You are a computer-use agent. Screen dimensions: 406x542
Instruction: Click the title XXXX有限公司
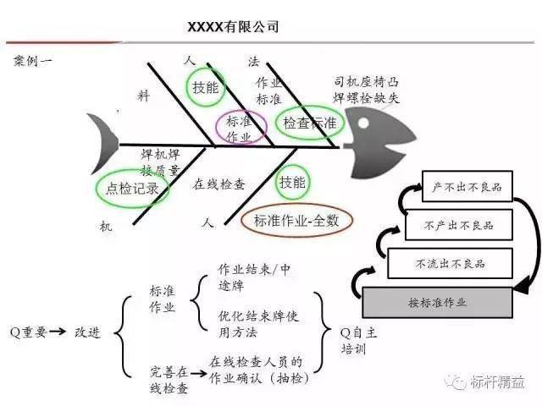pyautogui.click(x=232, y=28)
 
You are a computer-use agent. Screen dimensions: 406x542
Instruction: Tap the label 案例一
pyautogui.click(x=35, y=62)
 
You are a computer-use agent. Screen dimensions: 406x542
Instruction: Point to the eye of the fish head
pyautogui.click(x=371, y=129)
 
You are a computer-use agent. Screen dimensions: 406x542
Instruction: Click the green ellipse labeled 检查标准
pyautogui.click(x=309, y=123)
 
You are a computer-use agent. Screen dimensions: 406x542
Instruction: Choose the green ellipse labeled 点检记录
pyautogui.click(x=131, y=189)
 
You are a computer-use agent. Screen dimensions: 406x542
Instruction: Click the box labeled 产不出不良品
pyautogui.click(x=466, y=186)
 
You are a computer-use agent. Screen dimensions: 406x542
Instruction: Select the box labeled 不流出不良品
pyautogui.click(x=450, y=264)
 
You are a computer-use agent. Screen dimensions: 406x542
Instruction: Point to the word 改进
pyautogui.click(x=87, y=332)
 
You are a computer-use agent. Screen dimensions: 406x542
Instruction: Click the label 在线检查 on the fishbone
pyautogui.click(x=219, y=184)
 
